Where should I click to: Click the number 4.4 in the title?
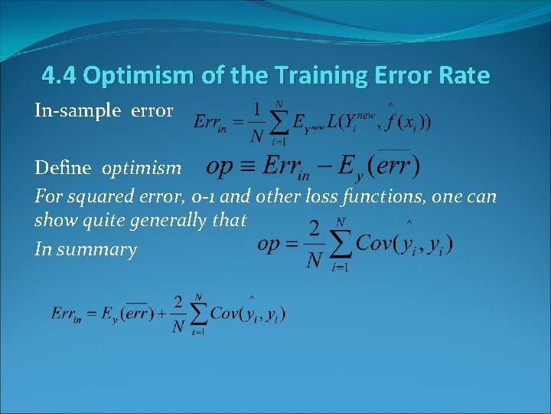pos(60,76)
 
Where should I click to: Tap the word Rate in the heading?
pos(463,76)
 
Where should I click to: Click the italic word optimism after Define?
pos(142,168)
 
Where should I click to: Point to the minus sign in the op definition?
pos(336,166)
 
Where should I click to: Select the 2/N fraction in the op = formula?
pos(314,245)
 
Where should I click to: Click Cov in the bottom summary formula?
pos(224,314)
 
